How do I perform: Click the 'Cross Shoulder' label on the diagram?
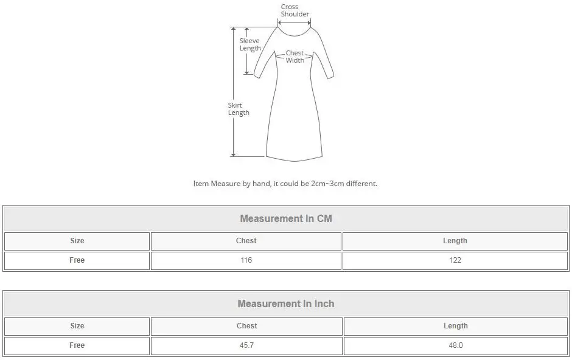295,10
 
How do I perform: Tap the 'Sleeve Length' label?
249,44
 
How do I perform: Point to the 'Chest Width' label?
295,57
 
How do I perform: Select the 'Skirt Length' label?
239,109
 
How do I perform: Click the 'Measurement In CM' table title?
286,218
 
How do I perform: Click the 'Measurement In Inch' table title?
286,303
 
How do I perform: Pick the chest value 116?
246,260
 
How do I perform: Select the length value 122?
455,260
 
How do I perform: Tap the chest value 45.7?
246,345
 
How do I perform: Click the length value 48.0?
455,345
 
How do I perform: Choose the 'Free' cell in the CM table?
77,260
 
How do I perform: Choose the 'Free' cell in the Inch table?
77,345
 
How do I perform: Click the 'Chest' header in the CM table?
246,241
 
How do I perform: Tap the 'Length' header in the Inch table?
455,326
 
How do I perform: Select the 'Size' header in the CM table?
77,241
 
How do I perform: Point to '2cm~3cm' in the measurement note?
327,184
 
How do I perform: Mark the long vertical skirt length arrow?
233,91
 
